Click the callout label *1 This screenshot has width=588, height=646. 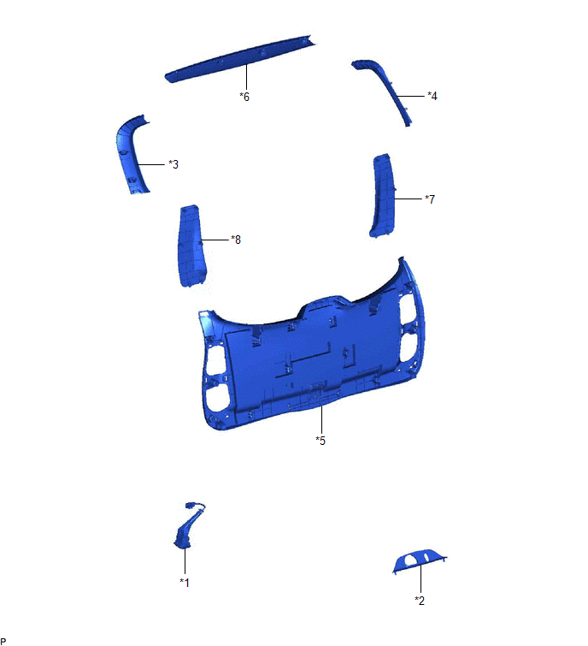[185, 583]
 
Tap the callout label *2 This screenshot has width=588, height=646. [420, 601]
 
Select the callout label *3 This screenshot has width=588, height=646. [173, 164]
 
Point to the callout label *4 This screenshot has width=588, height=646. [432, 96]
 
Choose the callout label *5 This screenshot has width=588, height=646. [320, 441]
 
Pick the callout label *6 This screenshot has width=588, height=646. [244, 97]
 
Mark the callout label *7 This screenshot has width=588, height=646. [430, 199]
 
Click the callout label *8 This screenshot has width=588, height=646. [236, 240]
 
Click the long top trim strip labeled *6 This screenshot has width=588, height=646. [241, 58]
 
